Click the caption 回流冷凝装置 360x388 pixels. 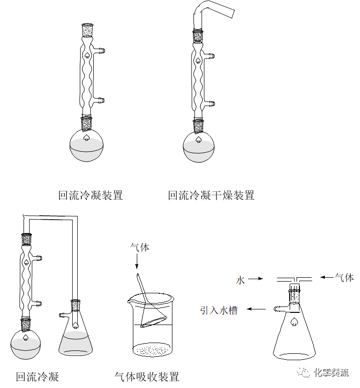(90, 196)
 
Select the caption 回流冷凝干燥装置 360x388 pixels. (211, 196)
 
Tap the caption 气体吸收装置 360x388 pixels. (147, 377)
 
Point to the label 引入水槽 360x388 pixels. (218, 310)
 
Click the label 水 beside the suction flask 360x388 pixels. (240, 280)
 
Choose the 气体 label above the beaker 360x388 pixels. (140, 247)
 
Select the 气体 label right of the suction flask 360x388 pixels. (344, 278)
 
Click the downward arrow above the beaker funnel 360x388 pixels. (137, 262)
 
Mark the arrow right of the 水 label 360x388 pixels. (256, 279)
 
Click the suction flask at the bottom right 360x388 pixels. (294, 337)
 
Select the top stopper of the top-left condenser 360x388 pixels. (87, 29)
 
